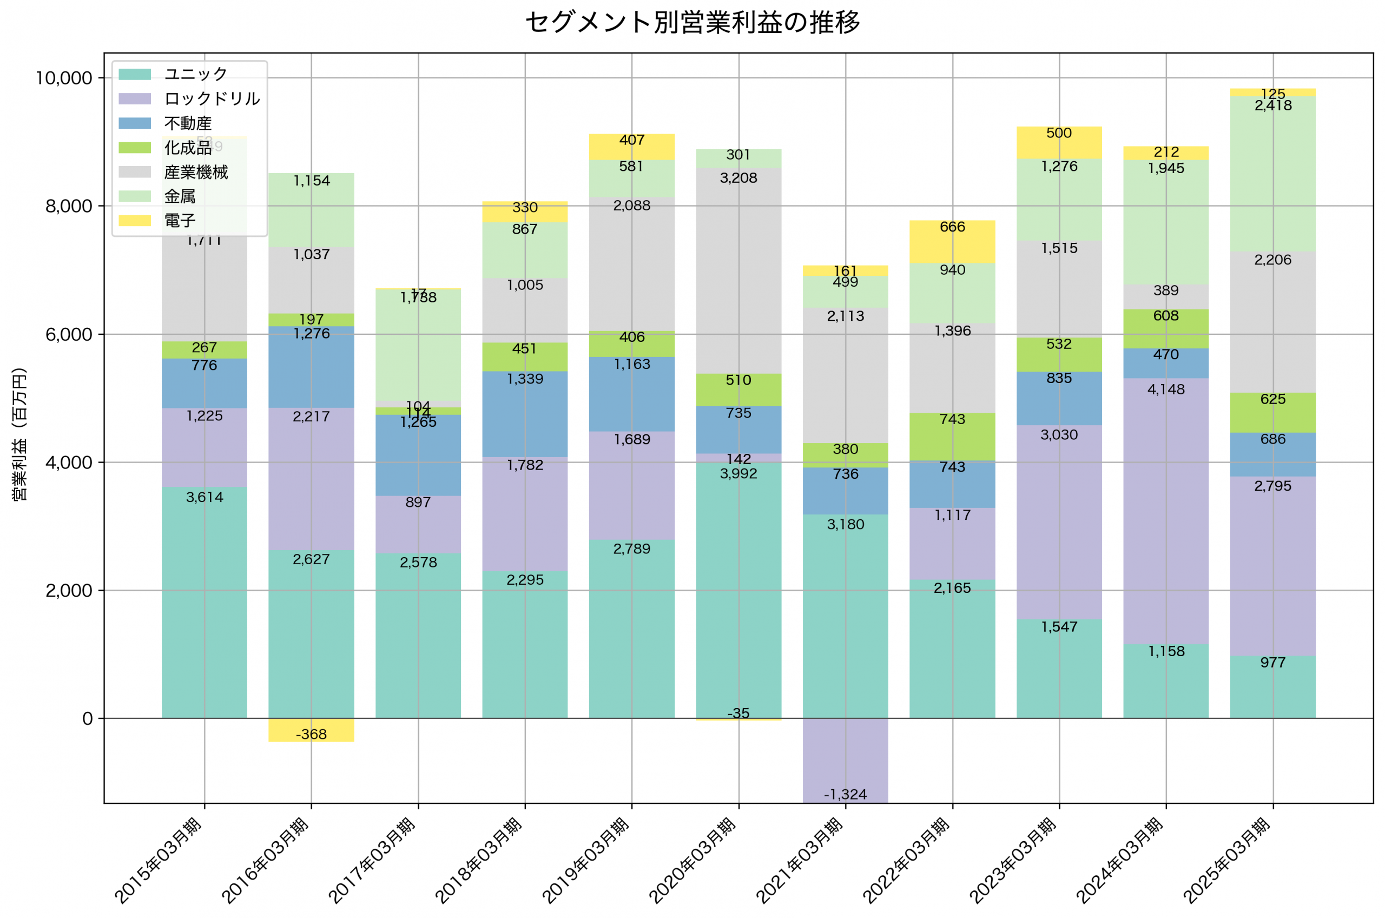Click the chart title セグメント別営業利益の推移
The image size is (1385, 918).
pyautogui.click(x=692, y=23)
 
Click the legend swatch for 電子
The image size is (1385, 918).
pyautogui.click(x=135, y=221)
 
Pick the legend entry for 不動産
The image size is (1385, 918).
pyautogui.click(x=187, y=123)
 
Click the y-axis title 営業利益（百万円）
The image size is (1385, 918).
pyautogui.click(x=19, y=434)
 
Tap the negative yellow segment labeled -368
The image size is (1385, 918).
pyautogui.click(x=311, y=730)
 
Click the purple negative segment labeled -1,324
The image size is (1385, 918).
pyautogui.click(x=845, y=761)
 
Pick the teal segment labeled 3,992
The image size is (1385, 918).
pyautogui.click(x=738, y=591)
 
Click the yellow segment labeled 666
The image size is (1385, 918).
pyautogui.click(x=952, y=242)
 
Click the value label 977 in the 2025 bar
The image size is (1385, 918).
pyautogui.click(x=1273, y=663)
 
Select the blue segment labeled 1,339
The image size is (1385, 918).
pyautogui.click(x=525, y=414)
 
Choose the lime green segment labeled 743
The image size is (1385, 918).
pyautogui.click(x=952, y=437)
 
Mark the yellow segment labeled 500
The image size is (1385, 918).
pyautogui.click(x=1059, y=143)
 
